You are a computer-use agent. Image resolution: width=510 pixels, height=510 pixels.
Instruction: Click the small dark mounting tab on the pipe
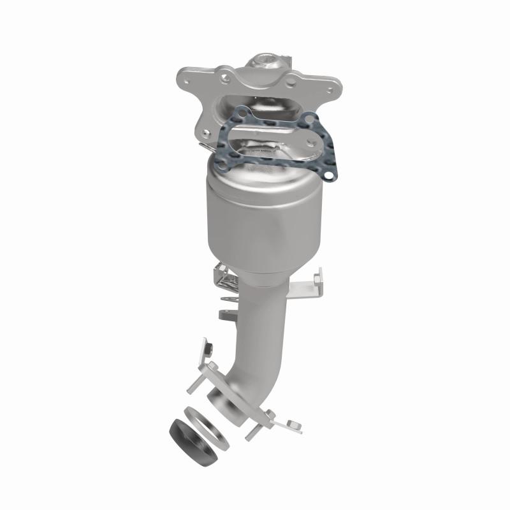point(224,314)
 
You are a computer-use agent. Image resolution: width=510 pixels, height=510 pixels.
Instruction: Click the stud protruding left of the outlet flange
point(194,386)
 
